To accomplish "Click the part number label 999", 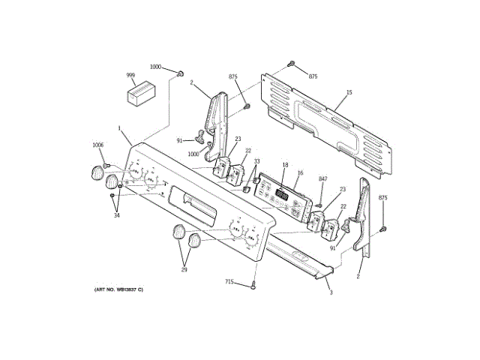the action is click(130, 76).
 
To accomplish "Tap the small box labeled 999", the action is click(139, 95).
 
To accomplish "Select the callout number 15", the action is click(349, 93).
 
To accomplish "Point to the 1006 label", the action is click(98, 145).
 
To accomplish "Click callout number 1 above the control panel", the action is click(119, 127).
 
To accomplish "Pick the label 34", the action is click(116, 216).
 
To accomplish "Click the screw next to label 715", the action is click(253, 284).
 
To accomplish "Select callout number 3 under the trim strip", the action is click(331, 292).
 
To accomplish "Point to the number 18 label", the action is click(285, 165).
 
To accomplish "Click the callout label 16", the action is click(300, 173).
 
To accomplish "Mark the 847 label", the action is click(323, 178).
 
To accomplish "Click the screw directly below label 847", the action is click(319, 201).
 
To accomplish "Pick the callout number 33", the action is click(256, 162).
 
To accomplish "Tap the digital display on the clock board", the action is click(282, 195).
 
